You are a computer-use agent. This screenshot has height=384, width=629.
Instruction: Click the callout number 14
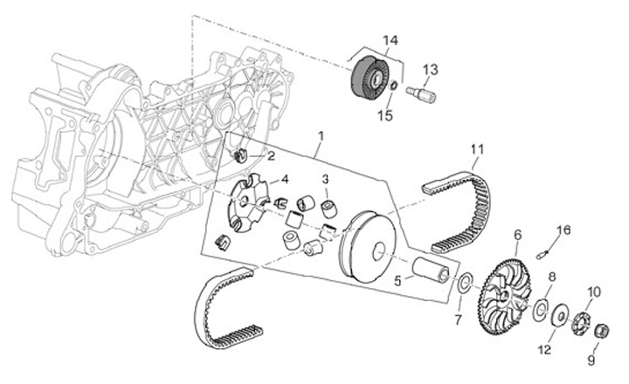pos(390,39)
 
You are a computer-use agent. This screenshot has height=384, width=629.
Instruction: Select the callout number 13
pos(431,68)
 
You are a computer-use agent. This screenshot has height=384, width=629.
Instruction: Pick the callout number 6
pos(517,234)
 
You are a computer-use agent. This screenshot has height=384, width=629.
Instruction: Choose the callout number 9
pos(591,358)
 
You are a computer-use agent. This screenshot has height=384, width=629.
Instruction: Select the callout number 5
pos(398,281)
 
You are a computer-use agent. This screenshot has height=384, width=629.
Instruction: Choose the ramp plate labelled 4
pos(247,202)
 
